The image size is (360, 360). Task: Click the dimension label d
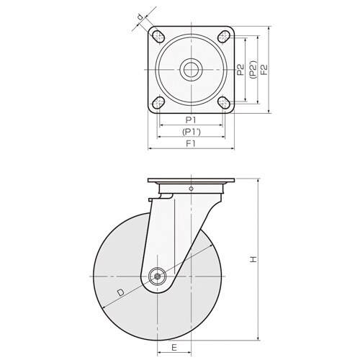(140, 17)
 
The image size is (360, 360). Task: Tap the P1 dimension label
(191, 120)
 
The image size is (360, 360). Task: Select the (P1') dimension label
(191, 132)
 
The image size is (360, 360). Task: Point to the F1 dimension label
(191, 143)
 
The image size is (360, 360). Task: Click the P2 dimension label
(240, 70)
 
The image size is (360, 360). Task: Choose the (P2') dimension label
(253, 70)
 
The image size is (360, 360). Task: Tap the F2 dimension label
(264, 70)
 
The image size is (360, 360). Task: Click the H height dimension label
(253, 259)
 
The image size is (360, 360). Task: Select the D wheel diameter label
(120, 292)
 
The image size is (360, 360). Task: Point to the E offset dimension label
(174, 347)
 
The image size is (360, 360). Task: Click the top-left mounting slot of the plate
(158, 37)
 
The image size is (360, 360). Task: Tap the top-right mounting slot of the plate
(225, 37)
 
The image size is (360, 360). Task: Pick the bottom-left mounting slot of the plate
(158, 102)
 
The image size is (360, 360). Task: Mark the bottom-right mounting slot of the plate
(225, 102)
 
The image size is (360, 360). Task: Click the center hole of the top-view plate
(191, 70)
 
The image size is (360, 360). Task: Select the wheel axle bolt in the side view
(157, 276)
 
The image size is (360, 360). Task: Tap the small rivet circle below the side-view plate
(191, 189)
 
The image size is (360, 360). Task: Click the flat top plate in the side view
(191, 180)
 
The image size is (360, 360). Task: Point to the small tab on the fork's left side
(150, 199)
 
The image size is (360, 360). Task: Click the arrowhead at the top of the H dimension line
(258, 180)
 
